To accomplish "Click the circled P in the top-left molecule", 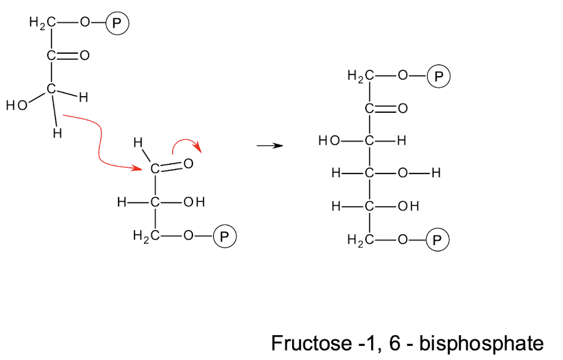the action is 117,23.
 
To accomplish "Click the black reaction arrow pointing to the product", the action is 270,145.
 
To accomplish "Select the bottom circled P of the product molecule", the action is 438,240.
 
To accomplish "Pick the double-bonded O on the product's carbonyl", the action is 403,109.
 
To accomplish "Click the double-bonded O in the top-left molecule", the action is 84,56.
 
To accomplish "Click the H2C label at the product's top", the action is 359,76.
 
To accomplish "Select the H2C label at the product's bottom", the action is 359,240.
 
